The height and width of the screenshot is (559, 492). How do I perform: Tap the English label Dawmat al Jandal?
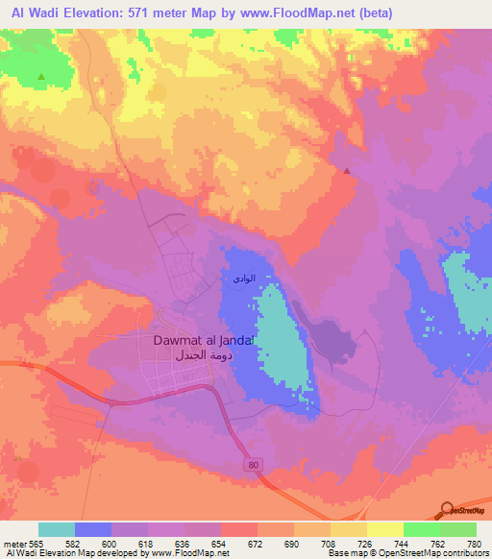203,340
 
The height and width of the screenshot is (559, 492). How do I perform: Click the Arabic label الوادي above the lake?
244,279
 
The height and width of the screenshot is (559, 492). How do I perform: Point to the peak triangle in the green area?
40,76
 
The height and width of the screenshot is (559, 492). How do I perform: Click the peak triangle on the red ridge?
347,171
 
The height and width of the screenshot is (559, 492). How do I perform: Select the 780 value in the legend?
477,544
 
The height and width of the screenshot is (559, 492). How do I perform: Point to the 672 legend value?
258,544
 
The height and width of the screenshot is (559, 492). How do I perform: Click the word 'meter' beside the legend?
15,544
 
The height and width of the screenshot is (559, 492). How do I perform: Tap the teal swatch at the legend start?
57,529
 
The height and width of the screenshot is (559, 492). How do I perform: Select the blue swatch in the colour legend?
93,529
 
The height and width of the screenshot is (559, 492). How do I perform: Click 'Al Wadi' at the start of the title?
30,12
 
